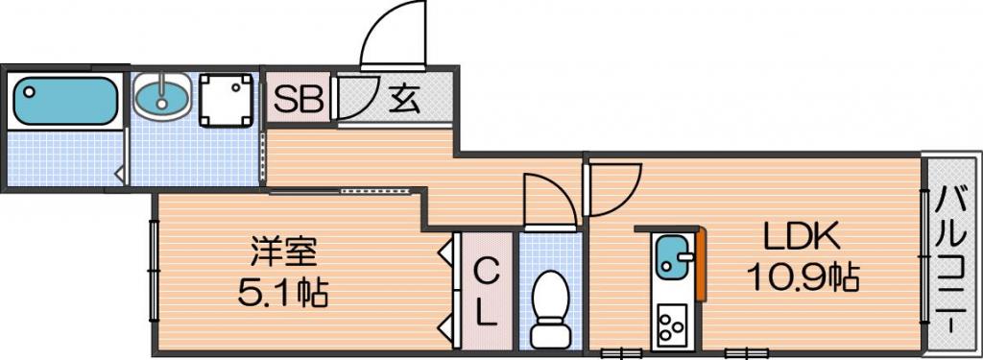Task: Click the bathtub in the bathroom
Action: (64, 101)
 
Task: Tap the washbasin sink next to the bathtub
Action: (162, 96)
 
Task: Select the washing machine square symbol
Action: (227, 101)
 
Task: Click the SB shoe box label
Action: (300, 99)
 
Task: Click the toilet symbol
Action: (550, 308)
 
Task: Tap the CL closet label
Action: (486, 292)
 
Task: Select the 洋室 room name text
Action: (283, 252)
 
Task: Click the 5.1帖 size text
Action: (283, 292)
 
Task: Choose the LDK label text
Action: (802, 238)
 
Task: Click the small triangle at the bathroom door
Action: (118, 174)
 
